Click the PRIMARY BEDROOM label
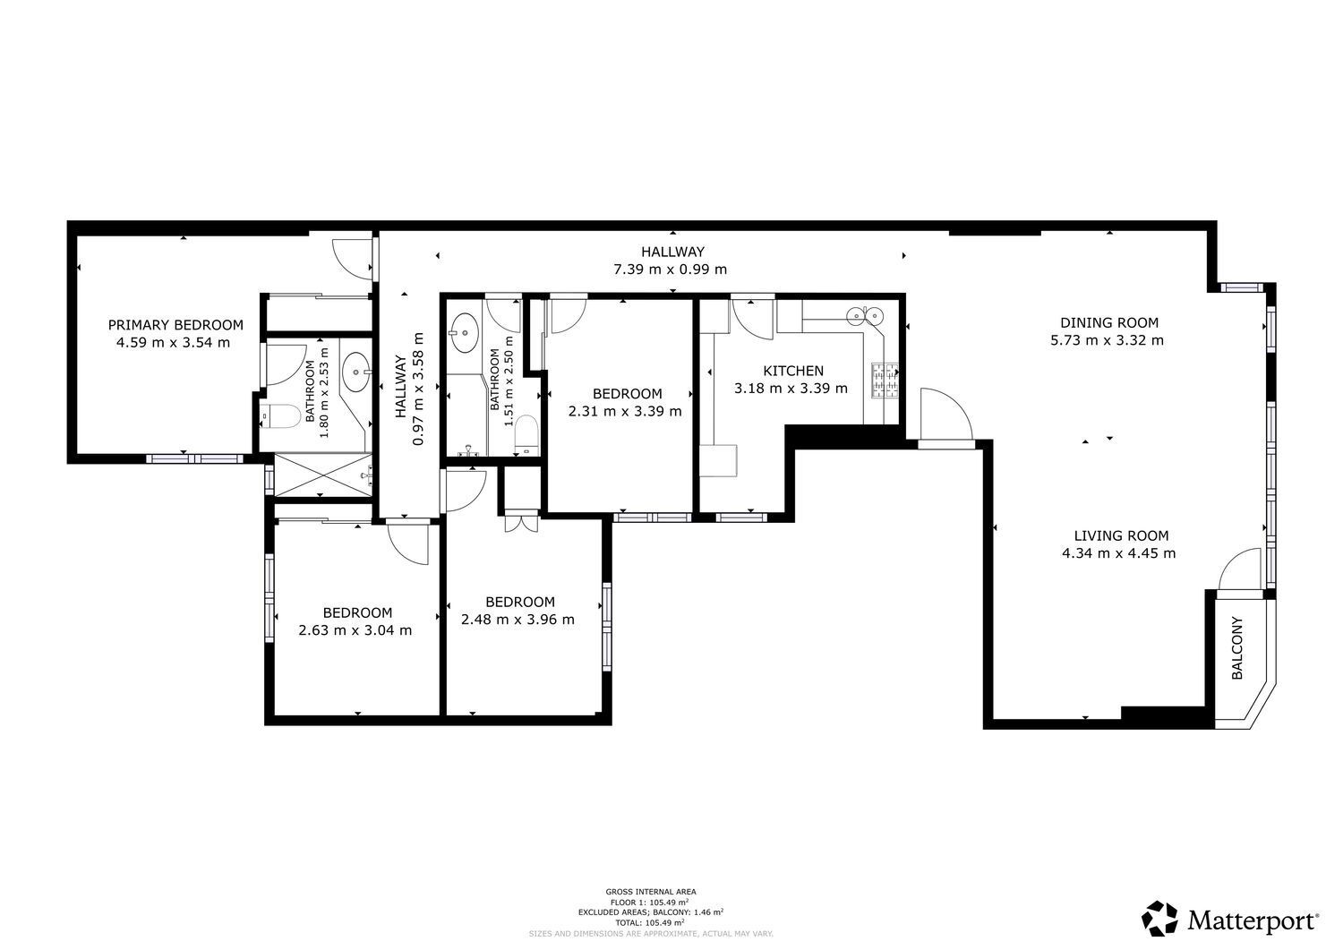click(x=175, y=325)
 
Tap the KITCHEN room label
click(x=793, y=371)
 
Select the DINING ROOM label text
click(x=1109, y=322)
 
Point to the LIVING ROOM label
click(x=1121, y=535)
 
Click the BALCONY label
click(x=1236, y=647)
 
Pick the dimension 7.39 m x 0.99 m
click(x=671, y=270)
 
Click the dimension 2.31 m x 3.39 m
click(x=625, y=411)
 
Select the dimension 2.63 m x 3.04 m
click(x=355, y=630)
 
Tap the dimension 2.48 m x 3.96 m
click(x=518, y=620)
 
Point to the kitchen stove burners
click(x=885, y=381)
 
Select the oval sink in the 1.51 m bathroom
click(x=464, y=332)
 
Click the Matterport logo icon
click(x=1159, y=918)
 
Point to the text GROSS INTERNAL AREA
click(x=651, y=892)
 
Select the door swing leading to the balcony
click(x=1238, y=569)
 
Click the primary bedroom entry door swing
click(x=353, y=259)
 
